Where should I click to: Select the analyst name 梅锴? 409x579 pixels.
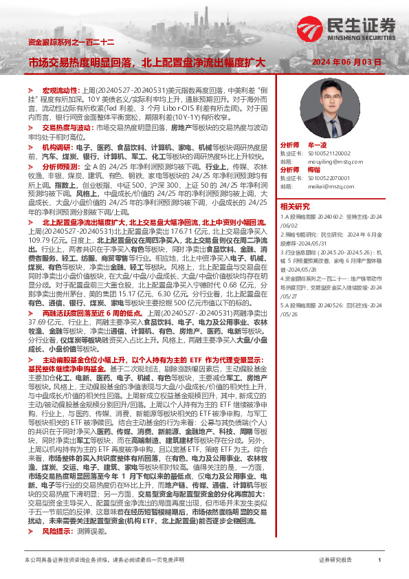315,169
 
